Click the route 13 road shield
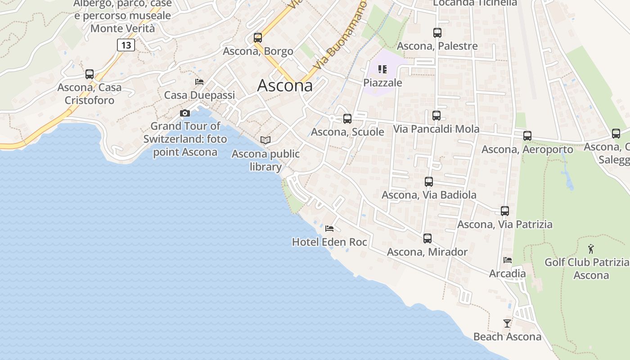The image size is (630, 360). [x=126, y=45]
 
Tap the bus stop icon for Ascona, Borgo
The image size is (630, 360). [x=257, y=38]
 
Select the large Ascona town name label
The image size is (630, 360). [x=285, y=85]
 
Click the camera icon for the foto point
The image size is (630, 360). [x=185, y=113]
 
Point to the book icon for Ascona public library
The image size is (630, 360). [x=265, y=140]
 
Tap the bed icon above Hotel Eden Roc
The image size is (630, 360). [x=329, y=229]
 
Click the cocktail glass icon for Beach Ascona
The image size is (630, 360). [x=507, y=323]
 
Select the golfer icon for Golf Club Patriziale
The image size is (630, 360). [x=591, y=249]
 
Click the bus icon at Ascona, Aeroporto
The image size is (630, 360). [x=527, y=135]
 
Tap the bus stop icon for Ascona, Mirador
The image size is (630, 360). [x=427, y=238]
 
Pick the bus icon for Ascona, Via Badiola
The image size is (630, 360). [x=429, y=182]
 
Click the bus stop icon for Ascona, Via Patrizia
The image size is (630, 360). [x=505, y=211]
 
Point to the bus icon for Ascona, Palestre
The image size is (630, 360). [x=437, y=32]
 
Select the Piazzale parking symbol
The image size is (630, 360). [x=382, y=69]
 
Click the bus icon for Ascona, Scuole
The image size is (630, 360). [x=347, y=119]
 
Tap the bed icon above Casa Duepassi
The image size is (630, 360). [x=199, y=82]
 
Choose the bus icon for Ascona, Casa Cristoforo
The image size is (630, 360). [x=90, y=74]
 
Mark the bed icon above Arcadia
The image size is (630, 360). [x=508, y=260]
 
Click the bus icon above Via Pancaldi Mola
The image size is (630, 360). [x=436, y=116]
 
